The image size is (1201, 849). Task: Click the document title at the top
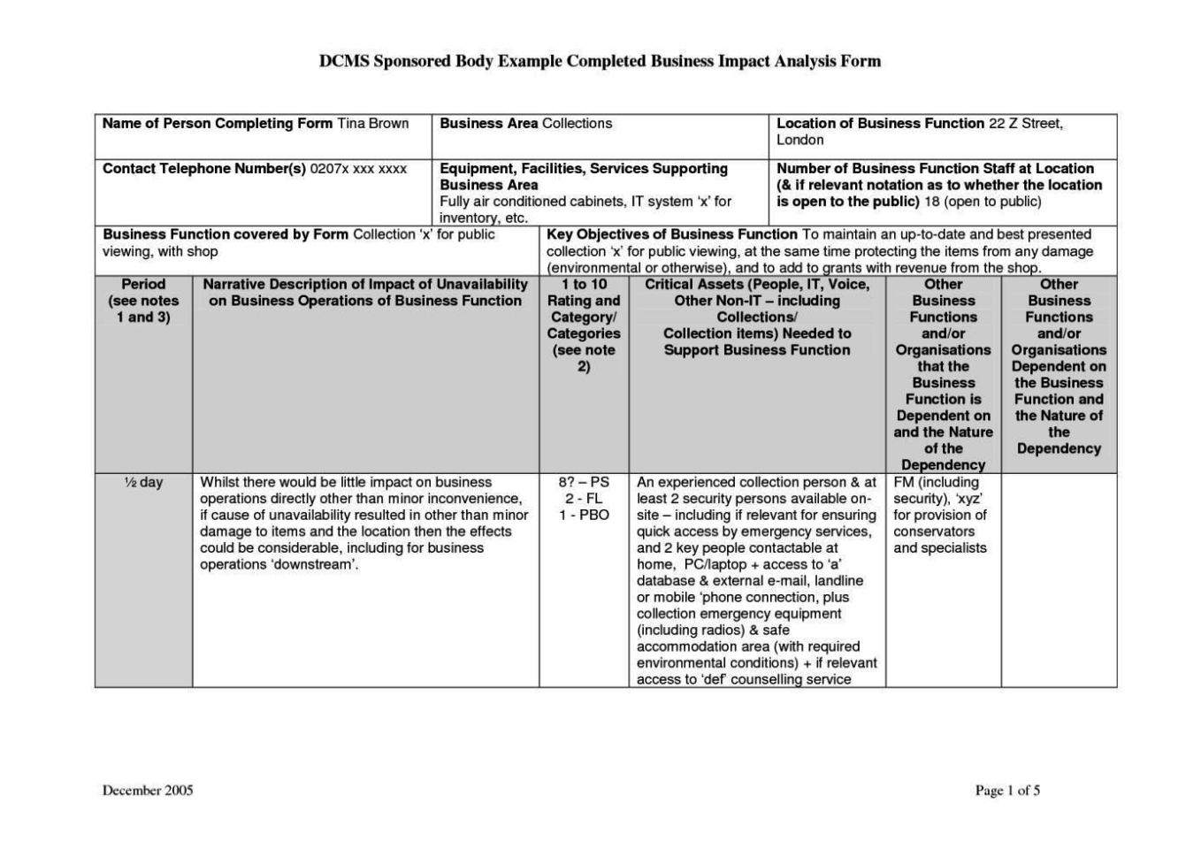[600, 61]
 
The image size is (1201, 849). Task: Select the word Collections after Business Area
[577, 124]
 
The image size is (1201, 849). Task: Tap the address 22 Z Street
[1025, 124]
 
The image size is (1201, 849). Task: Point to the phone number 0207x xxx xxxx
[358, 169]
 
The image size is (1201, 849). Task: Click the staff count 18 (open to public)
[983, 202]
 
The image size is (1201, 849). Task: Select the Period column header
[143, 301]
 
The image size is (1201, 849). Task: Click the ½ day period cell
[143, 483]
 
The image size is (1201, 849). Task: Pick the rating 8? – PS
[584, 483]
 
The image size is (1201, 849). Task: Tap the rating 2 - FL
[584, 499]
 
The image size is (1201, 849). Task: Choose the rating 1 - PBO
[584, 516]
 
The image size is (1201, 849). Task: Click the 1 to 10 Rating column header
[584, 325]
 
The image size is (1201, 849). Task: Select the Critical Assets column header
[757, 317]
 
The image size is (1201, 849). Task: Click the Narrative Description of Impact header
[365, 293]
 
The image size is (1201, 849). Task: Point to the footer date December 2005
[148, 791]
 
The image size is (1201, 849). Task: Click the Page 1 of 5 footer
[1007, 791]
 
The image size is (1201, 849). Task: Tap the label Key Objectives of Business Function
[672, 234]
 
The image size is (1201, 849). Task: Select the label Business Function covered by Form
[226, 234]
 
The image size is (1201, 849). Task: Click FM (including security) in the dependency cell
[937, 491]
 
